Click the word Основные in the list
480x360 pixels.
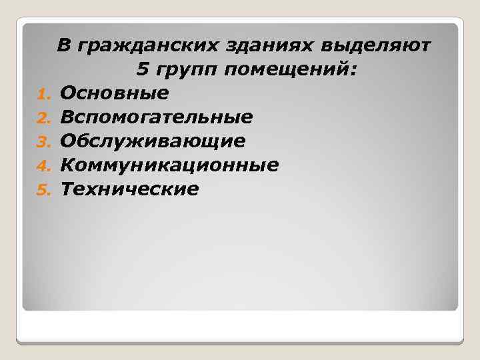(114, 93)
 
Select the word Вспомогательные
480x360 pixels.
(156, 117)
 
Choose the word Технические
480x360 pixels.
(129, 189)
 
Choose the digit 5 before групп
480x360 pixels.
(141, 68)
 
